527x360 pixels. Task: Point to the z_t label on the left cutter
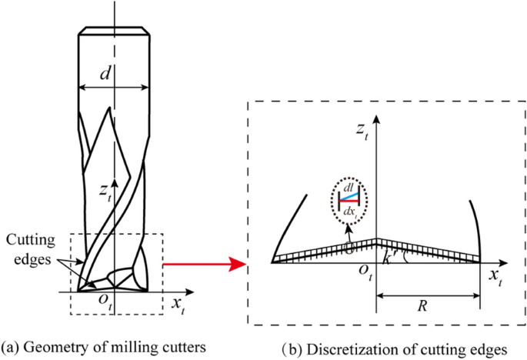pyautogui.click(x=105, y=190)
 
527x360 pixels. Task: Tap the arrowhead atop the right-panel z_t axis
pyautogui.click(x=376, y=118)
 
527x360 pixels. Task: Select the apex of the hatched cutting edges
pyautogui.click(x=376, y=240)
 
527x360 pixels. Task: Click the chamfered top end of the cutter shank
pyautogui.click(x=113, y=32)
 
